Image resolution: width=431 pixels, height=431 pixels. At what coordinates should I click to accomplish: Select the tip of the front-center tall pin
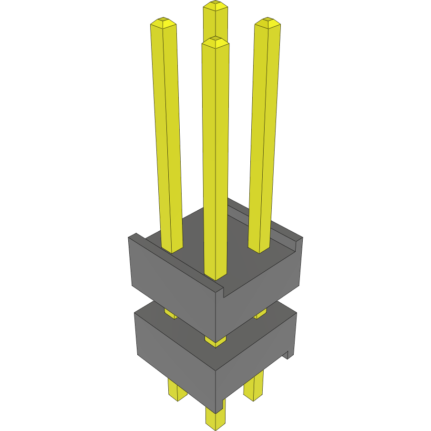point(215,41)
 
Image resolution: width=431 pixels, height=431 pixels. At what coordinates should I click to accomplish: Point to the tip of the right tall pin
point(267,21)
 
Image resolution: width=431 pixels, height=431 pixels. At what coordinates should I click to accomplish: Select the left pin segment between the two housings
point(170,313)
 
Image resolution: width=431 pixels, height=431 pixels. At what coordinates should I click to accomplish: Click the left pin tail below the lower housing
point(177,391)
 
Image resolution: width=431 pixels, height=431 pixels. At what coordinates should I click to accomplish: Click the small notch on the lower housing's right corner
point(288,354)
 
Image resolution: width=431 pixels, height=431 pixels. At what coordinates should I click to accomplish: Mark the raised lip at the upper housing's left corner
point(136,237)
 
